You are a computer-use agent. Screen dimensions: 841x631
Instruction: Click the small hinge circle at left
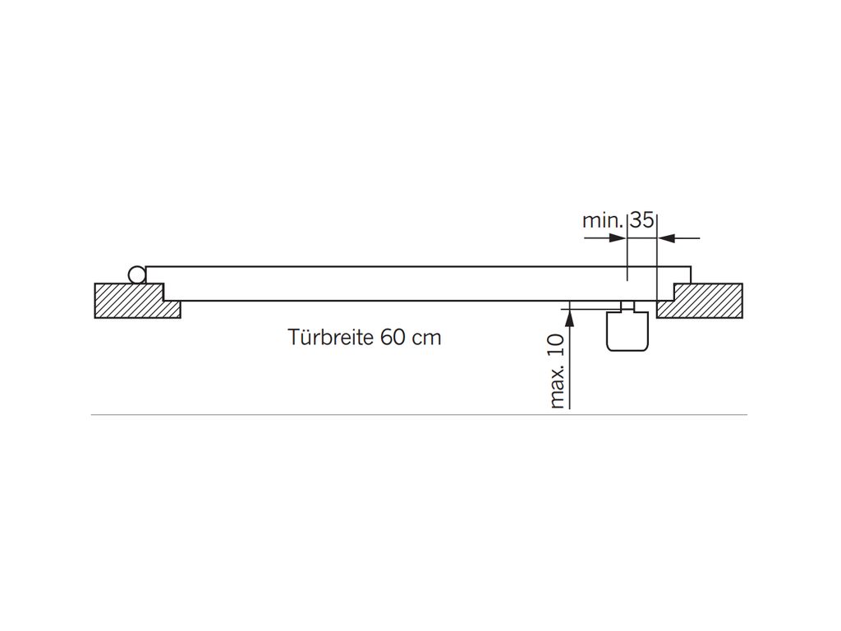pos(136,274)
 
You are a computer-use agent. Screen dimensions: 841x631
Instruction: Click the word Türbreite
pos(330,338)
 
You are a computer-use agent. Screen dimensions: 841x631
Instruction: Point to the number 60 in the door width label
pos(393,338)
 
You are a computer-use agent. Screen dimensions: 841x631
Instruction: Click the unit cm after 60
pos(426,339)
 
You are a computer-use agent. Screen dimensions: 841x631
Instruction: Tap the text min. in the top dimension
pos(603,220)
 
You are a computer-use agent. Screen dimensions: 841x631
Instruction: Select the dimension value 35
pos(641,219)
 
